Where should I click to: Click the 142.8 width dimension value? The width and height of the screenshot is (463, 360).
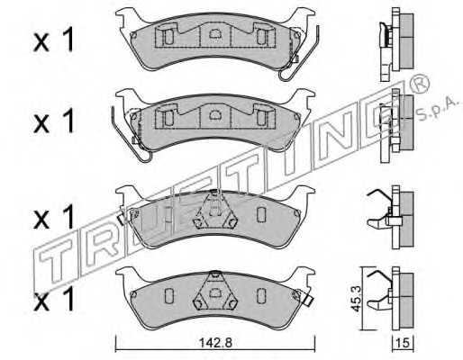tap(216, 343)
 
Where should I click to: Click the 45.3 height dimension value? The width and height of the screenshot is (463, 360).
tap(357, 298)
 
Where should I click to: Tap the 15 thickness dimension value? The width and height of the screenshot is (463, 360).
tap(404, 343)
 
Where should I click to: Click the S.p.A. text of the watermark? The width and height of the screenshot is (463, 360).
tap(439, 109)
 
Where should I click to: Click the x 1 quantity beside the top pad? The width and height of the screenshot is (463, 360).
tap(53, 40)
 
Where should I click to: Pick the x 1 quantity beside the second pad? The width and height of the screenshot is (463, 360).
tap(53, 121)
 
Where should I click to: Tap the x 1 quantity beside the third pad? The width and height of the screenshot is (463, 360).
tap(53, 217)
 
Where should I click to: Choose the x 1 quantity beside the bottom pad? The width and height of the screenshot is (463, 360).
tap(53, 298)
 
